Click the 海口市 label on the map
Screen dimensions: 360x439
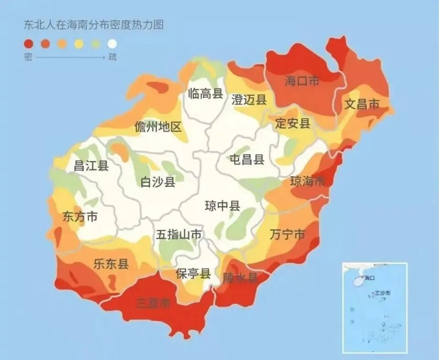tap(302, 81)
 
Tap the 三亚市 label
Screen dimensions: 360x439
tap(154, 303)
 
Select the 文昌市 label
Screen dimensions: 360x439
tap(362, 104)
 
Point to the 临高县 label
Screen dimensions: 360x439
tap(205, 94)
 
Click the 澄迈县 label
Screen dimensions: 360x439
tap(249, 100)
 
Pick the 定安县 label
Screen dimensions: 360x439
tap(293, 123)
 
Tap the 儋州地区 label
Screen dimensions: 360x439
tap(158, 127)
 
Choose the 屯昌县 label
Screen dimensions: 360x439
tap(247, 159)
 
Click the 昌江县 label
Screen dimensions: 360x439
tap(91, 166)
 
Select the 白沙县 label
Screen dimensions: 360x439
tap(158, 182)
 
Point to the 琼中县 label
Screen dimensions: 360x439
tap(222, 206)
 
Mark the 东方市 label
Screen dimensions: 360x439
tap(80, 217)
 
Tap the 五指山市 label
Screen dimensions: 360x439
tap(179, 235)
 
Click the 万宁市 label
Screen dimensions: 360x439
tap(287, 235)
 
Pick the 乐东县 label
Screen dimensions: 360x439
tap(111, 264)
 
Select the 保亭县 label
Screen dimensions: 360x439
tap(193, 274)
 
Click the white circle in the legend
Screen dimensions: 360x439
tap(112, 44)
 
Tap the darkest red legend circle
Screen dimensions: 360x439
tap(28, 44)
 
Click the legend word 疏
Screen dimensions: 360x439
tap(112, 58)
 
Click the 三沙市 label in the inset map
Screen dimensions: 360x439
tap(382, 293)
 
